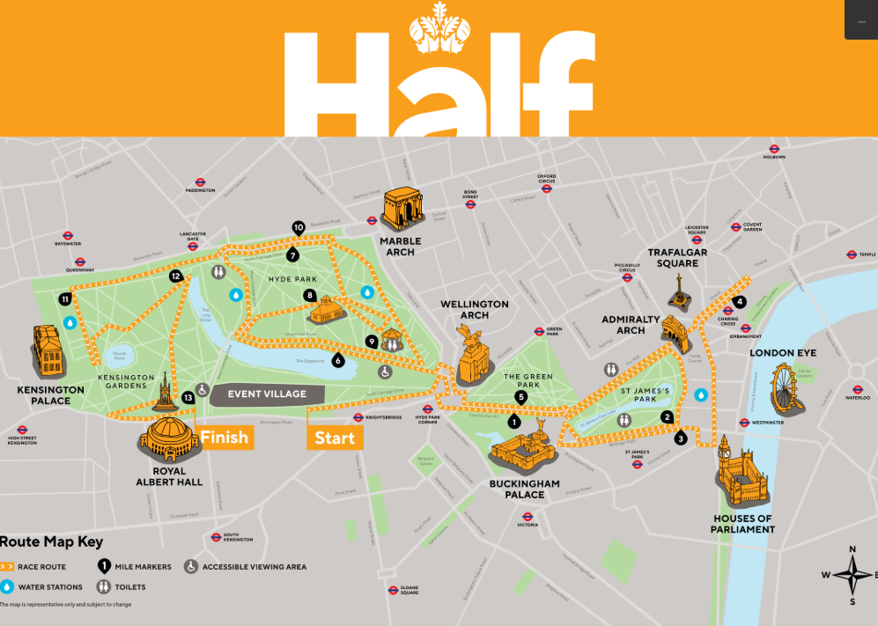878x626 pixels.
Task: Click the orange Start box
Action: point(335,438)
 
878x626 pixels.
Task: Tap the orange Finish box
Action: point(225,438)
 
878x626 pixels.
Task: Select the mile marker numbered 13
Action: point(188,398)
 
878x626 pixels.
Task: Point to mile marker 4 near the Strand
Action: point(740,302)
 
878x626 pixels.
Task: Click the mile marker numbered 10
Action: point(299,227)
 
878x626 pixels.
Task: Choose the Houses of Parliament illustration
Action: point(740,475)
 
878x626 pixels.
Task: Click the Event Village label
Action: point(267,394)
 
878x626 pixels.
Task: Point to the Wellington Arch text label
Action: point(475,310)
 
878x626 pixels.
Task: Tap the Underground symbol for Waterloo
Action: point(857,387)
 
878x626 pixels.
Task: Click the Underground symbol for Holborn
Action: point(774,149)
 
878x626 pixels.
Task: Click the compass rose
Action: point(852,576)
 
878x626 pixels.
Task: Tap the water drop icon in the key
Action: point(8,586)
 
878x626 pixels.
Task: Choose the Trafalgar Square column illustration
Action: point(679,292)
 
